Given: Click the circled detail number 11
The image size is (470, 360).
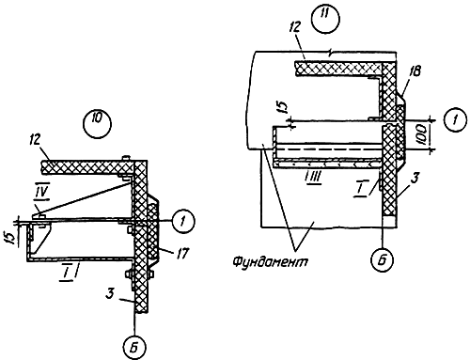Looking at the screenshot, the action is (326, 18).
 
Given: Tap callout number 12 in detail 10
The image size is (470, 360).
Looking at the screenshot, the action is (35, 141).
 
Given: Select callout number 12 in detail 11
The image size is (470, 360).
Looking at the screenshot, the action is (294, 27).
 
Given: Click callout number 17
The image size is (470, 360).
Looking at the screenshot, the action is (181, 253).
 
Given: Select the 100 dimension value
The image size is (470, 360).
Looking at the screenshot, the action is (423, 134).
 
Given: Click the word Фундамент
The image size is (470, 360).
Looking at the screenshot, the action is (270, 260).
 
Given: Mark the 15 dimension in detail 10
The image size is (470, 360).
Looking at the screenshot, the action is (11, 238).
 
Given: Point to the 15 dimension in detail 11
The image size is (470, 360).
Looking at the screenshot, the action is (283, 107).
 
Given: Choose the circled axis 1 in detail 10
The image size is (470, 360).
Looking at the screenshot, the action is (182, 222).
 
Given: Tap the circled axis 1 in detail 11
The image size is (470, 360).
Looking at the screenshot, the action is (455, 119).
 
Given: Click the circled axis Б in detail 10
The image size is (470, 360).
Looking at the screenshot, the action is (134, 347).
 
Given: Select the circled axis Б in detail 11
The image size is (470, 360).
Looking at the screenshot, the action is (383, 259).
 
